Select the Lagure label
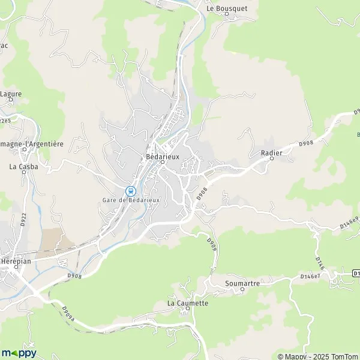[x=10, y=94]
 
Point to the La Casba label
[x=24, y=166]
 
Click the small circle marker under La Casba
[x=25, y=172]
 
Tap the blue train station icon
[x=131, y=191]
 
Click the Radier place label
[x=271, y=152]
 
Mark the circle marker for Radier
[x=271, y=158]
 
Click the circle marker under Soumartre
[x=242, y=289]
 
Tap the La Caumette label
[x=188, y=303]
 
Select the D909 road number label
[x=211, y=244]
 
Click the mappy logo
[x=19, y=352]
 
